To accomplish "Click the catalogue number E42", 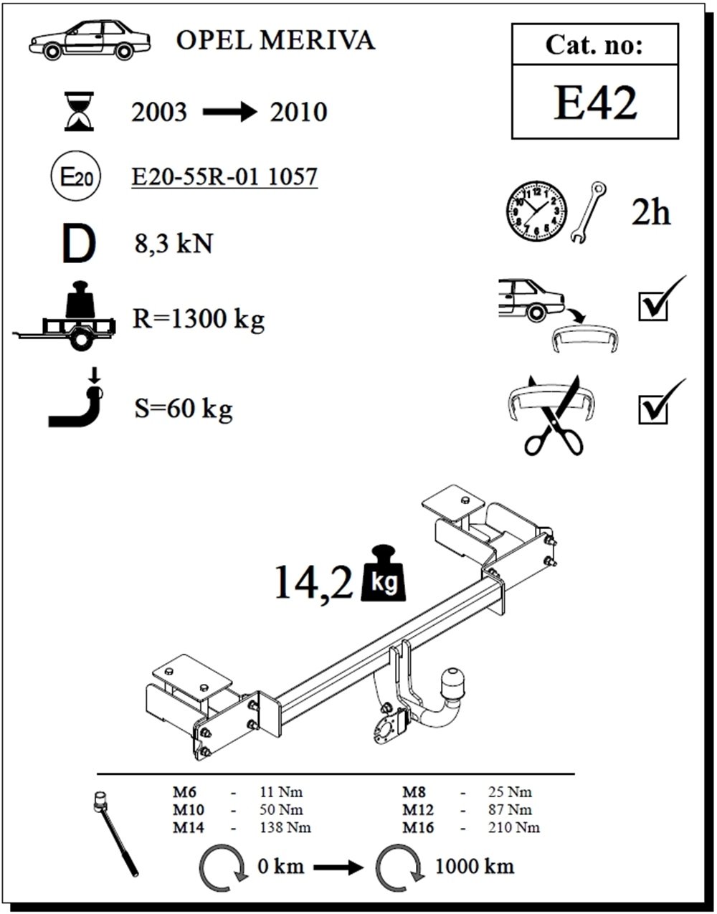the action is tap(594, 103).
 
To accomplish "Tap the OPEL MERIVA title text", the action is tap(275, 40).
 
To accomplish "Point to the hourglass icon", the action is tap(79, 111).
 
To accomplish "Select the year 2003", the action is tap(159, 113).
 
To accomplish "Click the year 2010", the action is tap(298, 113).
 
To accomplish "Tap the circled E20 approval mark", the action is tap(76, 176).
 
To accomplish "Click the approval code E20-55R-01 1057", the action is tap(224, 176).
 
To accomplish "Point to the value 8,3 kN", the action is tap(174, 244).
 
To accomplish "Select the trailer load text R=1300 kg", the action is tap(199, 319).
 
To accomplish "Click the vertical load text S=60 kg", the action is tap(184, 409).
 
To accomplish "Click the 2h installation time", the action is tap(651, 213).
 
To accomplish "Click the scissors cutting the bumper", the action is tap(553, 416).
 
